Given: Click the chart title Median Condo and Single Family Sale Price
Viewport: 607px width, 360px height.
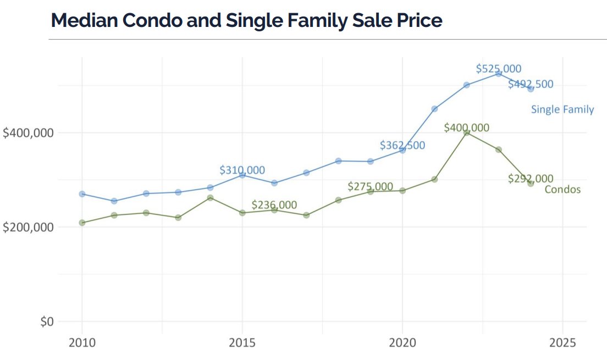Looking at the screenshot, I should [x=246, y=20].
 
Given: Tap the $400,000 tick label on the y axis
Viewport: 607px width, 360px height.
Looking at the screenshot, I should [x=28, y=133].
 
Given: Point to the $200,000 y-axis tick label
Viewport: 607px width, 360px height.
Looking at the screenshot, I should [x=28, y=227].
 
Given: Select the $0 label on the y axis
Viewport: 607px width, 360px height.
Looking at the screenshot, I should [x=47, y=322].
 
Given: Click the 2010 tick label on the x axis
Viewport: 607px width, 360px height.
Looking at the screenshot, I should [x=82, y=343].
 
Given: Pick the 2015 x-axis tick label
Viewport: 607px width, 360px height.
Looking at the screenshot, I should [x=242, y=343].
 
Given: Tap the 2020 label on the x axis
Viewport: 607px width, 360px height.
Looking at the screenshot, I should [x=402, y=343].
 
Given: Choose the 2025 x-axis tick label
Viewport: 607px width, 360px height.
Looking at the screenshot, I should [x=562, y=343].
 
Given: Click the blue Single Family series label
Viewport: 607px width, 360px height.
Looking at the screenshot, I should [x=562, y=109].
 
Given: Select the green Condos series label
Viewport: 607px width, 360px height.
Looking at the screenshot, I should [x=562, y=190].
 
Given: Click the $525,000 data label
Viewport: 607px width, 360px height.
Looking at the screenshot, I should [x=498, y=69].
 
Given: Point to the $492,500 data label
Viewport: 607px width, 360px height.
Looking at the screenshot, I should [x=530, y=84].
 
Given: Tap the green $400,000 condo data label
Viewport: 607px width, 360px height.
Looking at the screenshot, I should [x=466, y=128].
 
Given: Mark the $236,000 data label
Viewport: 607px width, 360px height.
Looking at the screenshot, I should [x=274, y=204].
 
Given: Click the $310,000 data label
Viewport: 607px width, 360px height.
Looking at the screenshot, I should [x=242, y=170].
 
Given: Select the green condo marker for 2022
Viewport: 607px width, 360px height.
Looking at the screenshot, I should [x=466, y=132].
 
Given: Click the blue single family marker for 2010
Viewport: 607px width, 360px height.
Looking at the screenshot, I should [x=82, y=194].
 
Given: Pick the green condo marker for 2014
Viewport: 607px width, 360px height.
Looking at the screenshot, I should [x=210, y=198].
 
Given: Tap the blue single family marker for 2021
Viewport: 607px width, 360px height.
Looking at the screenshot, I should [x=434, y=109].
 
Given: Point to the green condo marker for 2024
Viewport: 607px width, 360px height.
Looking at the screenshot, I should [x=531, y=184].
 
